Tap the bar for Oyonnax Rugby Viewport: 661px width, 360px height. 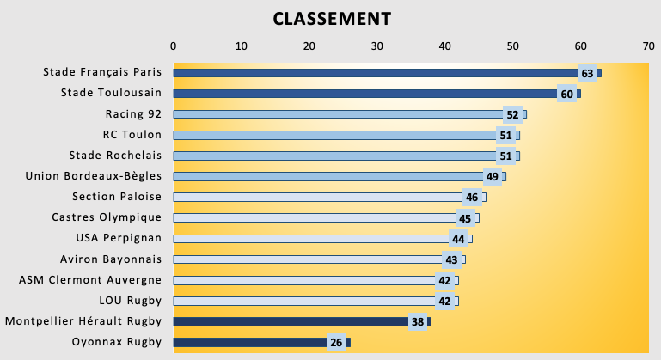coord(249,343)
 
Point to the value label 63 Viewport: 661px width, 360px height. coord(588,73)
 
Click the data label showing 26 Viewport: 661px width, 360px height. coord(336,343)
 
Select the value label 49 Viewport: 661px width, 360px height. coord(493,177)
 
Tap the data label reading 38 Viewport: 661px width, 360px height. coord(418,322)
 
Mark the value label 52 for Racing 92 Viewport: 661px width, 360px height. coord(513,114)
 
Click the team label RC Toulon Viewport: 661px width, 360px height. coord(132,135)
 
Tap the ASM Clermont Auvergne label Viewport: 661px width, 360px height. coord(90,280)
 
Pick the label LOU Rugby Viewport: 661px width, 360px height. coord(131,301)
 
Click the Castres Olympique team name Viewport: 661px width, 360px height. coord(107,217)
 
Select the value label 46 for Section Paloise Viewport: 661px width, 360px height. coord(472,198)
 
